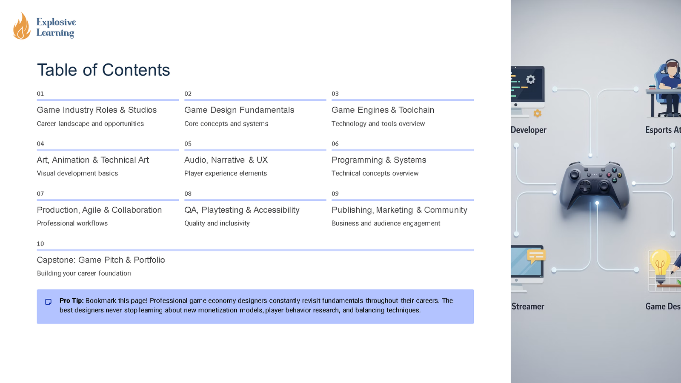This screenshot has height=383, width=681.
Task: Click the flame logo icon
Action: pyautogui.click(x=21, y=27)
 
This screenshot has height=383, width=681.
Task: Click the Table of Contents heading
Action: pyautogui.click(x=103, y=70)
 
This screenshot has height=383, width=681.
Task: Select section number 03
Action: pyautogui.click(x=335, y=94)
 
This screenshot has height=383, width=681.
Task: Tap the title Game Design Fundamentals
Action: pyautogui.click(x=239, y=110)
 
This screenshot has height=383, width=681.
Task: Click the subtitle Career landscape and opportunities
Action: pyautogui.click(x=90, y=124)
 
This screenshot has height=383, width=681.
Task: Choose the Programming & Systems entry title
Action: pyautogui.click(x=379, y=160)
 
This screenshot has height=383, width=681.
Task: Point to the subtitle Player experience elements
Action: pyautogui.click(x=226, y=174)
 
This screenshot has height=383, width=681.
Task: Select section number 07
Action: pyautogui.click(x=40, y=194)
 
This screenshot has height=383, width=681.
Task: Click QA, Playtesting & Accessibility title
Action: pyautogui.click(x=242, y=210)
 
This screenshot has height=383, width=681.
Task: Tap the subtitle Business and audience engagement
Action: pyautogui.click(x=386, y=223)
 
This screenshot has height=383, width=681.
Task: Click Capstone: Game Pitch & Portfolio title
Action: pyautogui.click(x=101, y=260)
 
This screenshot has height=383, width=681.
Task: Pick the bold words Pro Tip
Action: pyautogui.click(x=71, y=300)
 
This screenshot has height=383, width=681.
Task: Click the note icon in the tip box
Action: pyautogui.click(x=49, y=302)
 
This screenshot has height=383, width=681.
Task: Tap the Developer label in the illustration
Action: pyautogui.click(x=529, y=130)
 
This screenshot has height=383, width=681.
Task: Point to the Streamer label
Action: pyautogui.click(x=528, y=306)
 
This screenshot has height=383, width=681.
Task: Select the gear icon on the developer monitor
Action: pyautogui.click(x=531, y=79)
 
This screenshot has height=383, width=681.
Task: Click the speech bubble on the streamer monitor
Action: pyautogui.click(x=536, y=256)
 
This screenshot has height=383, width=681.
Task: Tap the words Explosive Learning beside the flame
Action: pyautogui.click(x=56, y=27)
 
